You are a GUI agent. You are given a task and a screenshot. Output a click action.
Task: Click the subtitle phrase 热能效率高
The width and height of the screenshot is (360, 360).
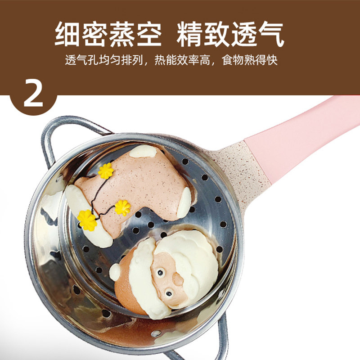(183, 60)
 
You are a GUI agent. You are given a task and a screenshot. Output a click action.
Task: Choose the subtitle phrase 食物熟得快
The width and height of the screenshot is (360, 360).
(250, 60)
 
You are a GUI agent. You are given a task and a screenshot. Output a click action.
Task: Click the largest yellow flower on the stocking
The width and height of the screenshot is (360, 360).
(87, 220)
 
